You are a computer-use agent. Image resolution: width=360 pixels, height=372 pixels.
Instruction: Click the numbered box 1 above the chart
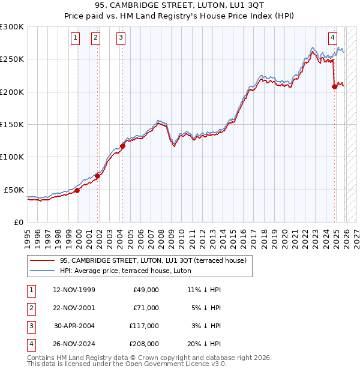76,38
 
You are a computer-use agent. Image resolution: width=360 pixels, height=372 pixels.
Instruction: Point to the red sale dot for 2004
122,146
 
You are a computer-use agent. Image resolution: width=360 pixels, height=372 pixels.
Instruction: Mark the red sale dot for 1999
77,190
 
